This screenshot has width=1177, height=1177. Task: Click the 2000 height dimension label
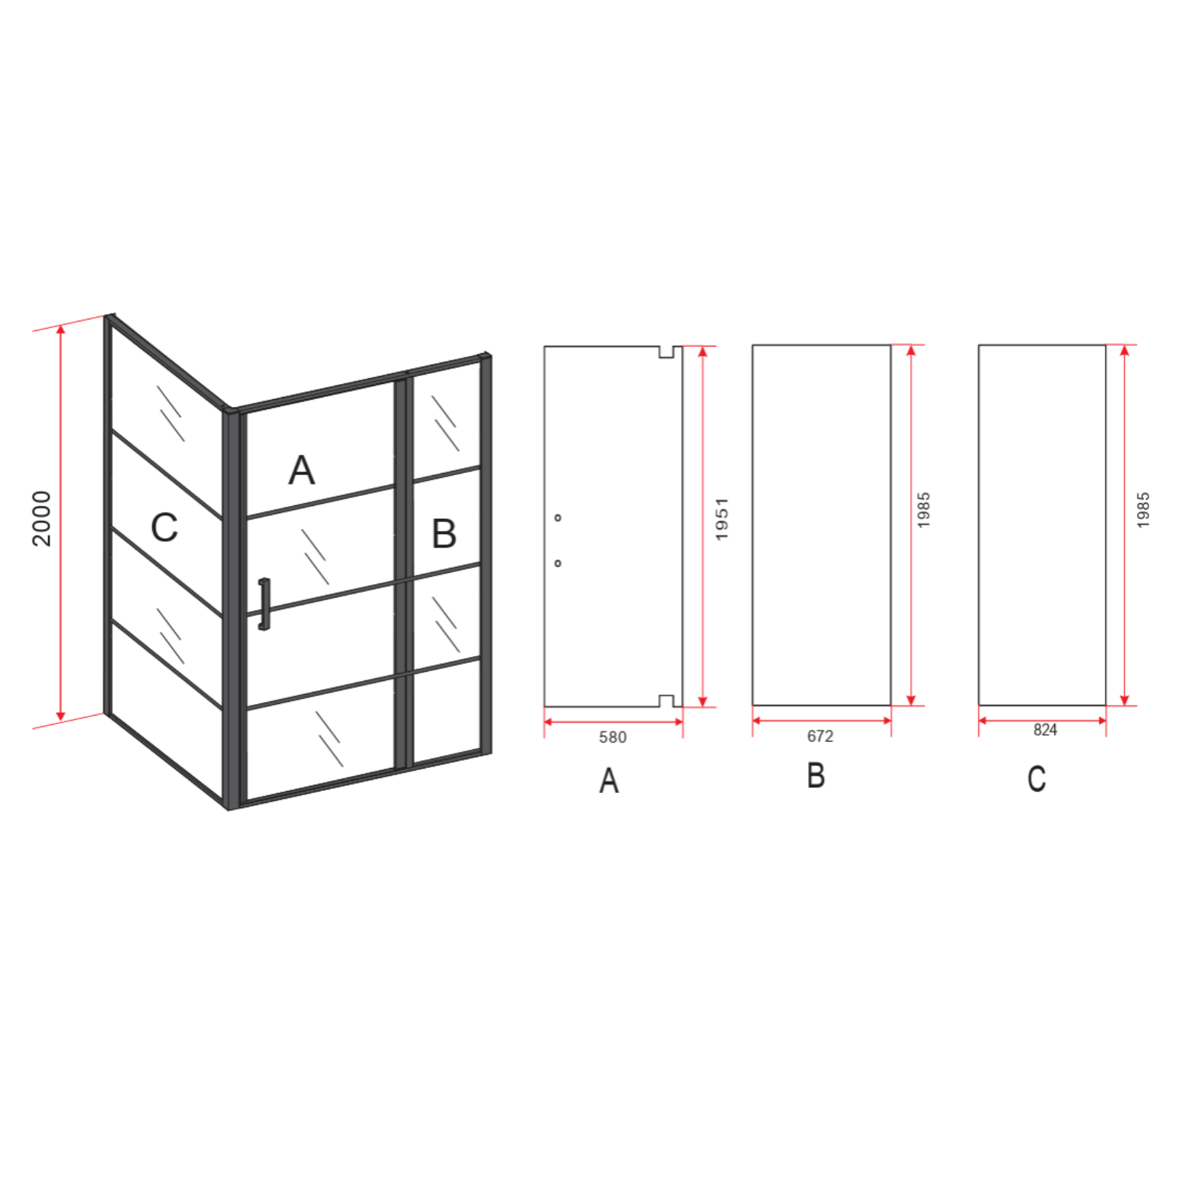pos(42,519)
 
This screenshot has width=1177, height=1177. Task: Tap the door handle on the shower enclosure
pos(264,604)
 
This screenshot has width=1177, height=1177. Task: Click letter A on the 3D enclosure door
pos(301,471)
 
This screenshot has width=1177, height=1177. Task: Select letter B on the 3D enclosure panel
pos(444,534)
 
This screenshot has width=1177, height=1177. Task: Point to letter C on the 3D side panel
pos(164,528)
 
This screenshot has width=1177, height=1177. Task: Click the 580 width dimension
pos(613,737)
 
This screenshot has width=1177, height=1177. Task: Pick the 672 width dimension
pos(820,736)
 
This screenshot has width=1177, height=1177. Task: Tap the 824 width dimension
pos(1045,730)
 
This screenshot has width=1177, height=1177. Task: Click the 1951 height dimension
pos(722,519)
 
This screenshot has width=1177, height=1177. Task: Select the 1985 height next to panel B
pos(924,510)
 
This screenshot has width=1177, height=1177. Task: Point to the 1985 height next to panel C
pos(1143,510)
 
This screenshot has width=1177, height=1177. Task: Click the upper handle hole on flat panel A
pos(558,517)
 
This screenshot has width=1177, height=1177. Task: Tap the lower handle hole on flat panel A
pos(558,563)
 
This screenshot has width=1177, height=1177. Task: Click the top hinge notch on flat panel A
pos(667,352)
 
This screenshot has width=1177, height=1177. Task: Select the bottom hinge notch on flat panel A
pos(667,701)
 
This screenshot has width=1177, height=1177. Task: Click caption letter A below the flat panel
pos(609,780)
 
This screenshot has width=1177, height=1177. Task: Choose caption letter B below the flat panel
pos(816,776)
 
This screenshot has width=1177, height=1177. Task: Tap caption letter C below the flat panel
pos(1036,779)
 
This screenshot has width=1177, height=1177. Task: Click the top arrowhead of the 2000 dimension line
pos(61,330)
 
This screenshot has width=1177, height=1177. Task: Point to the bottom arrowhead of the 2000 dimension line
pos(61,716)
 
